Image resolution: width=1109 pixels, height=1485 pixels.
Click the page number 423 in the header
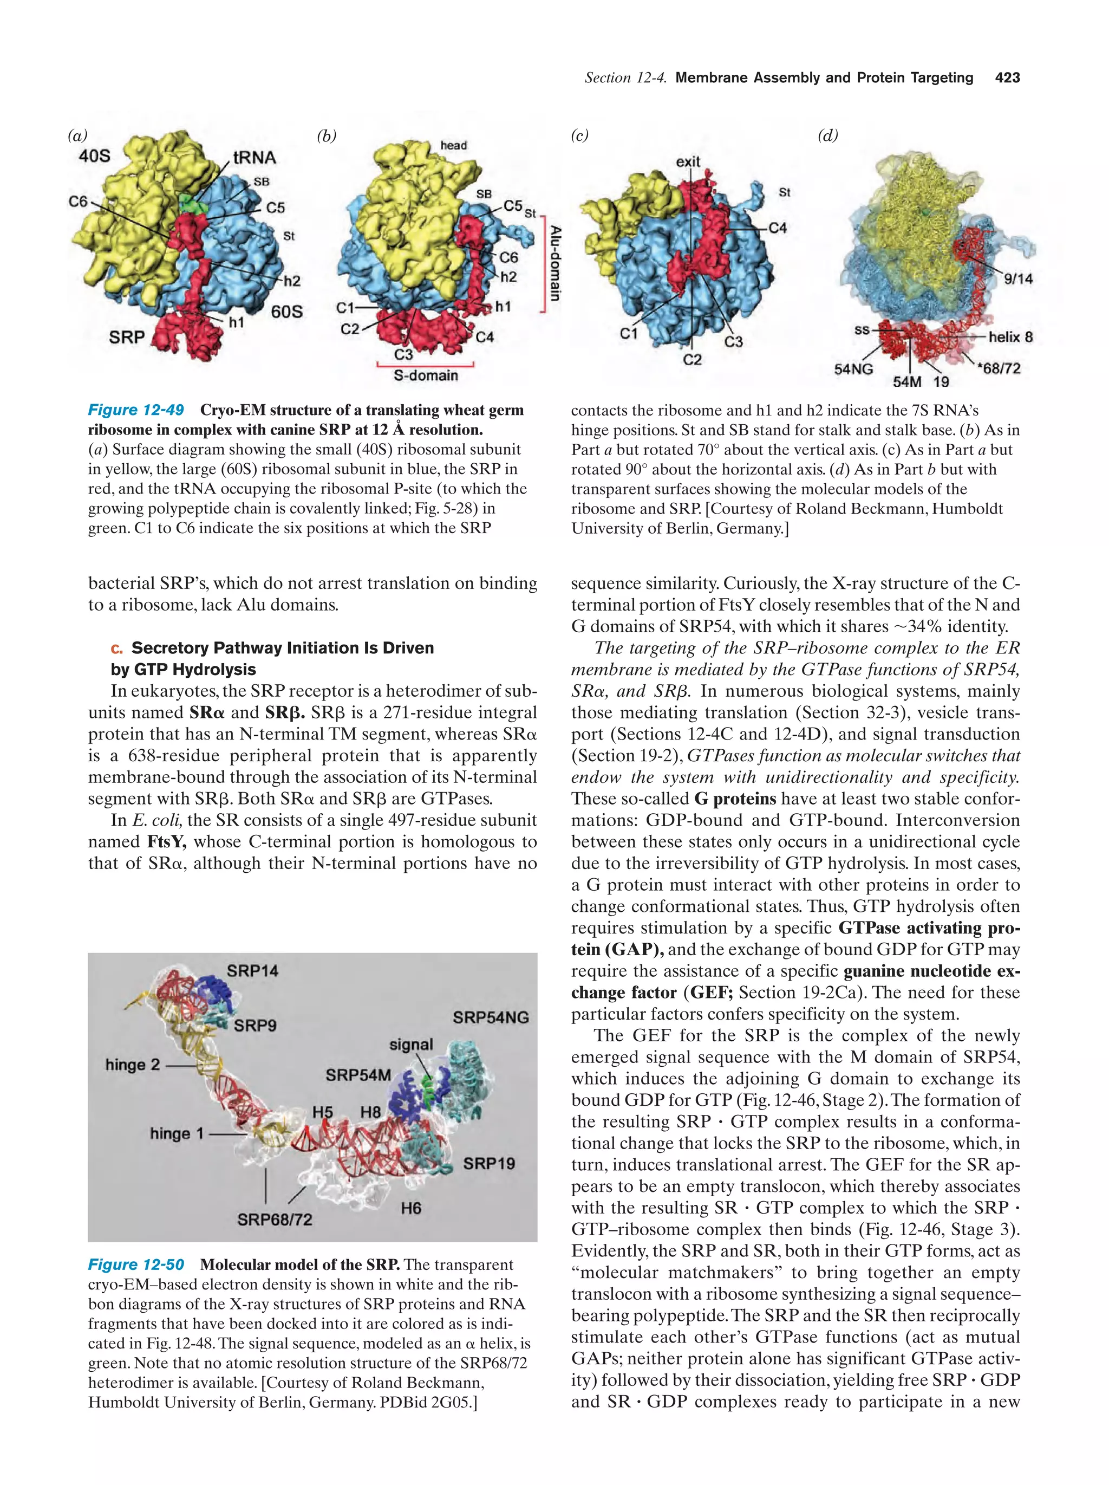point(1007,78)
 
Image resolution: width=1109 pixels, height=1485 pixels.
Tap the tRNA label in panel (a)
point(255,158)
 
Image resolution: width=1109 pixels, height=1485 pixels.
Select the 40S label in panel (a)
point(95,157)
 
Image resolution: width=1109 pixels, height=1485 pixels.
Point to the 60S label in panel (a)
point(286,312)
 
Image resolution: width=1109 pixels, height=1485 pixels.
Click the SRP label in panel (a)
point(127,337)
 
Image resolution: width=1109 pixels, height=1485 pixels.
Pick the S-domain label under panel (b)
point(426,376)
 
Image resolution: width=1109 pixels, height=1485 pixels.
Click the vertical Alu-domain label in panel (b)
point(555,263)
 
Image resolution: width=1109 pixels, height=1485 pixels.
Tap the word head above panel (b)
point(454,145)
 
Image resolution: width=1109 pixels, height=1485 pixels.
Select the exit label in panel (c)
point(688,162)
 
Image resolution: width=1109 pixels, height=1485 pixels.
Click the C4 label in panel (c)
point(777,228)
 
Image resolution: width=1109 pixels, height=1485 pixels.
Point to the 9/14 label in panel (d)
point(1018,278)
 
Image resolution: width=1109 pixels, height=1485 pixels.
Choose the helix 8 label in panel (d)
point(1010,337)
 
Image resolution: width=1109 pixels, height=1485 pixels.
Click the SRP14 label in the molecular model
point(252,971)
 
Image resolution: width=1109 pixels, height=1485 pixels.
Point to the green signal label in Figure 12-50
point(410,1045)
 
